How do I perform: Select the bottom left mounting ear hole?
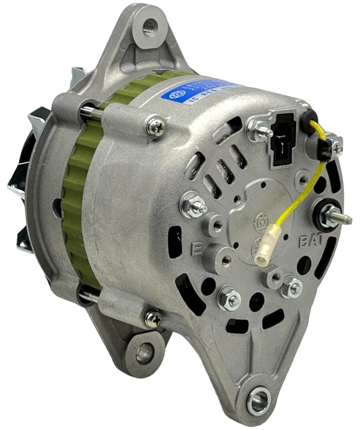click(144, 353)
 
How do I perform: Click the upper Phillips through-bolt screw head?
click(156, 128)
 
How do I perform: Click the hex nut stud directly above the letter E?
click(193, 206)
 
